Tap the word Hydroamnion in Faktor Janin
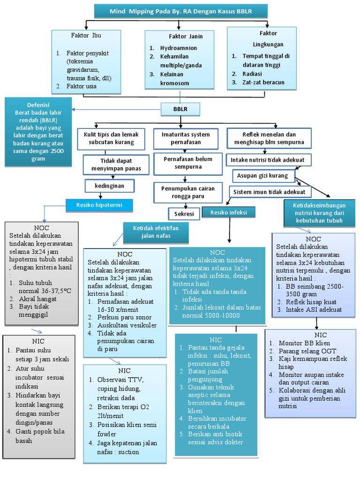coord(179,48)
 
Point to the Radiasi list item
coord(252,74)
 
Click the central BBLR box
coord(180,110)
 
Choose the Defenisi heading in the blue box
coord(39,105)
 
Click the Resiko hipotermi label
coord(99,205)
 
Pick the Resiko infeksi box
coord(229,212)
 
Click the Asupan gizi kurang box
coord(263,175)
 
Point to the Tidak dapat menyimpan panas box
coord(112,164)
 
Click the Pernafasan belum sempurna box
coord(184,163)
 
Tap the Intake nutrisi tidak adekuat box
coord(267,160)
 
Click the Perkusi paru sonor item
coord(121,316)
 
